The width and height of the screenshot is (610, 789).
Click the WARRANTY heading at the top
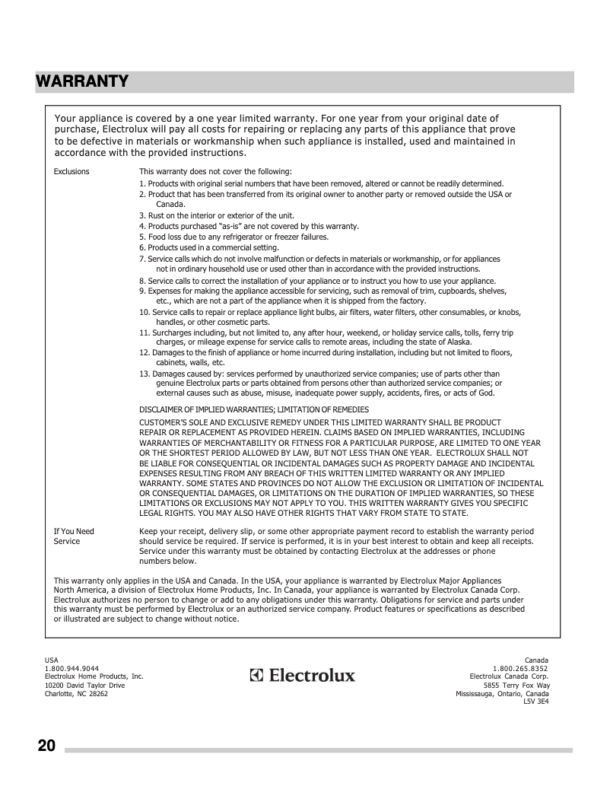coord(82,81)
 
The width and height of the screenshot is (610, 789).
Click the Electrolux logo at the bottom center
coord(303,676)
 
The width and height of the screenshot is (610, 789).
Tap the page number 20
coord(46,746)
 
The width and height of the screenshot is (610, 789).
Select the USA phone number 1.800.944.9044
coord(71,668)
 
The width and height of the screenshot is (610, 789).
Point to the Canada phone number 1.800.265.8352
coord(520,668)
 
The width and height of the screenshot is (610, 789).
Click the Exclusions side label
coord(71,172)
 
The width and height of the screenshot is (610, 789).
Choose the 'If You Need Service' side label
coord(74,536)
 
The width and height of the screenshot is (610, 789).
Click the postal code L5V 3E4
coord(535,702)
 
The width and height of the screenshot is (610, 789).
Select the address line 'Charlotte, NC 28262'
coord(76,694)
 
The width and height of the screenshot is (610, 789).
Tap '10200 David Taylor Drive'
coord(84,686)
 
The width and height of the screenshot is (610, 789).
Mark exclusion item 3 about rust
coord(216,215)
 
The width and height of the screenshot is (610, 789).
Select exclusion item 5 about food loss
coord(234,237)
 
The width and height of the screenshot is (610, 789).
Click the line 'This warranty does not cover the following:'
coord(215,172)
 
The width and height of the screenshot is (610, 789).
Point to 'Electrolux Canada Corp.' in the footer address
coord(509,676)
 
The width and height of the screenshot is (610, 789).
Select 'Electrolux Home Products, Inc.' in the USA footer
coord(94,676)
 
